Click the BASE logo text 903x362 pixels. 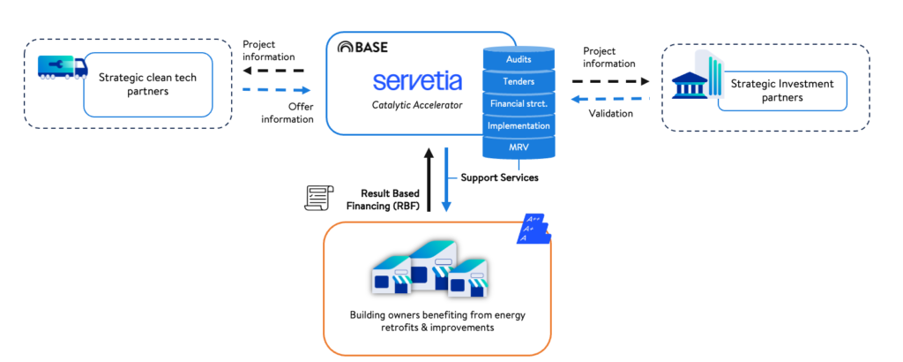(x=363, y=47)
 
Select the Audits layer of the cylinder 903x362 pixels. (x=519, y=59)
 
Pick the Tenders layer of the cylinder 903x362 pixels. (x=519, y=81)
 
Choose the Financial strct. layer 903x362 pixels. (x=519, y=103)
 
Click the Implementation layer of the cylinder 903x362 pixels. (x=519, y=125)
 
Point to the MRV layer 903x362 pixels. (x=519, y=147)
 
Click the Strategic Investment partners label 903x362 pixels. (x=780, y=91)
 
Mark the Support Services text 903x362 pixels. (x=499, y=177)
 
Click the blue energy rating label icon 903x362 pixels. (x=534, y=230)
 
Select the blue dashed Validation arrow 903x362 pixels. (x=609, y=100)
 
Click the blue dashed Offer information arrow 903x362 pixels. (x=276, y=90)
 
